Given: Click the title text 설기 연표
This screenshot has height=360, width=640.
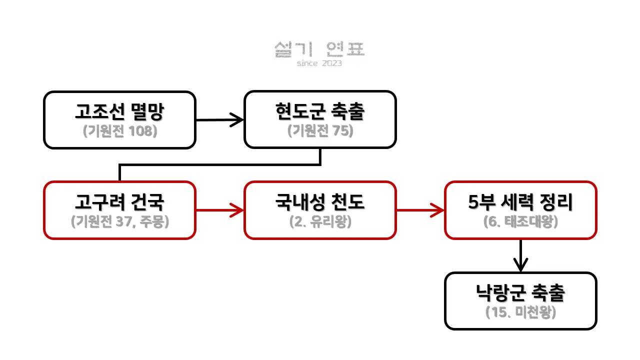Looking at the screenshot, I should click(x=320, y=49).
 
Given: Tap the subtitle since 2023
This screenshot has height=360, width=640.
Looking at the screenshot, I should click(x=319, y=63).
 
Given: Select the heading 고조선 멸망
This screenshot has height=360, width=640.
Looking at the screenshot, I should click(x=119, y=111).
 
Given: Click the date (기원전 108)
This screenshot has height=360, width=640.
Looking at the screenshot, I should click(x=120, y=131).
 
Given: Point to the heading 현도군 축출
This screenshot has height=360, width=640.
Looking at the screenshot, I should click(x=320, y=111).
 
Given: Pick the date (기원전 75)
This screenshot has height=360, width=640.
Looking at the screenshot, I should click(x=320, y=131).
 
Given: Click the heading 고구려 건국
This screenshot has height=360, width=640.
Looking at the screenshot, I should click(x=119, y=202).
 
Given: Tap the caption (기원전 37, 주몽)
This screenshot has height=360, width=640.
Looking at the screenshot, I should click(x=120, y=221).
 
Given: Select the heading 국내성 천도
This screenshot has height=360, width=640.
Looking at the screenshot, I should click(x=320, y=202).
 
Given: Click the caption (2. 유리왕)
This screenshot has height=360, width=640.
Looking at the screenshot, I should click(x=320, y=221).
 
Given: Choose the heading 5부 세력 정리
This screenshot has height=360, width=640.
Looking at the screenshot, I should click(x=520, y=202).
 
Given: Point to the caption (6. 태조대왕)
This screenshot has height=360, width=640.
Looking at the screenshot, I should click(x=520, y=221).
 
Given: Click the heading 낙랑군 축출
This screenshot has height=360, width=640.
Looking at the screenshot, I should click(x=520, y=293).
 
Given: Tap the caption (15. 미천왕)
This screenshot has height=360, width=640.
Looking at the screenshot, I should click(x=520, y=312).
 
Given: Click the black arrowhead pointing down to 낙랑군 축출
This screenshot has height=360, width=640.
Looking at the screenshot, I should click(x=520, y=265).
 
